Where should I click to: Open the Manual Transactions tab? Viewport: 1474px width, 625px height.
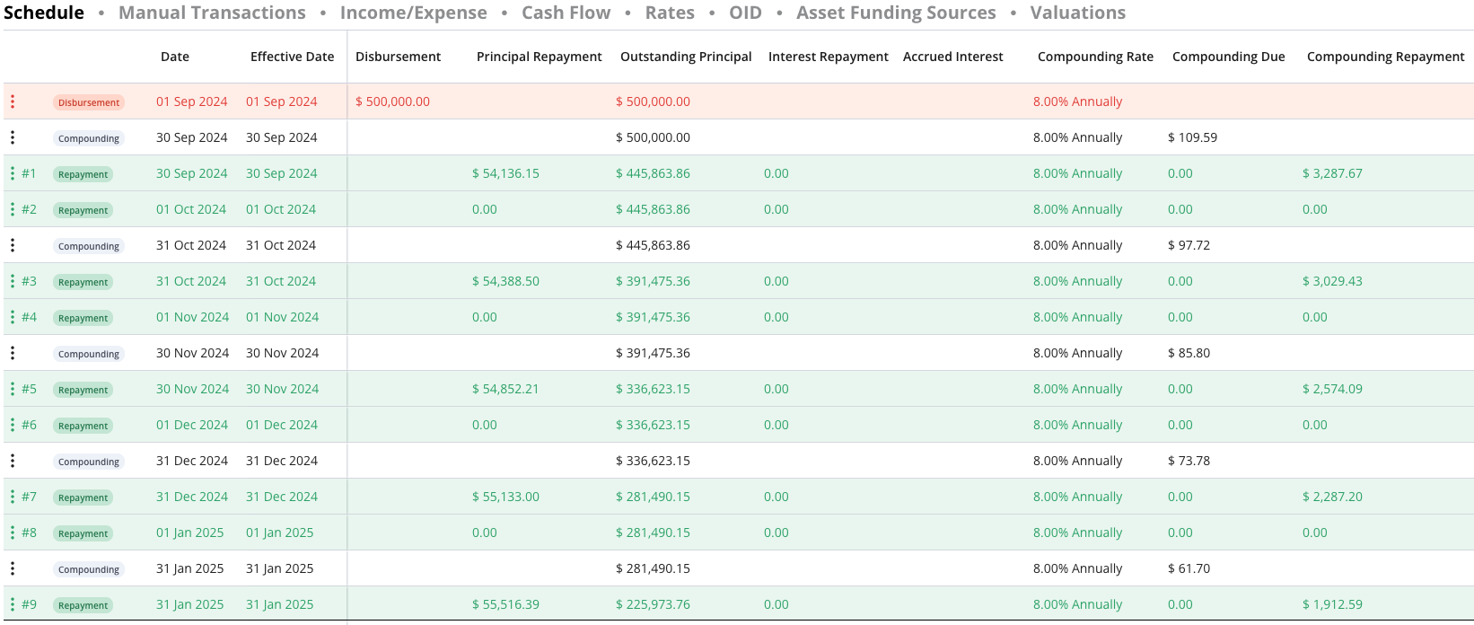pyautogui.click(x=212, y=13)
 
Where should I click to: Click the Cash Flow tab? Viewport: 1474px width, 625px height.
pyautogui.click(x=566, y=13)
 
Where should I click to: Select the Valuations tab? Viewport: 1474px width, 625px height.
pyautogui.click(x=1078, y=13)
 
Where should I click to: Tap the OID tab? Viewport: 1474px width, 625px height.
pyautogui.click(x=745, y=13)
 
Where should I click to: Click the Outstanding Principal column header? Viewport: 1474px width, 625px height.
pyautogui.click(x=686, y=57)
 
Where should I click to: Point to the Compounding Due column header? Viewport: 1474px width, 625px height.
pyautogui.click(x=1229, y=57)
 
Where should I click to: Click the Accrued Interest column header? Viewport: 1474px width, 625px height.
pyautogui.click(x=952, y=57)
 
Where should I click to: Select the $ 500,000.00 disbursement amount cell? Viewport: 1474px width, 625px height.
pyautogui.click(x=392, y=101)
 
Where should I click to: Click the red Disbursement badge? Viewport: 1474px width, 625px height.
pyautogui.click(x=89, y=102)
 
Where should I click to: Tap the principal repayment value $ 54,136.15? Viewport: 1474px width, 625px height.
pyautogui.click(x=505, y=173)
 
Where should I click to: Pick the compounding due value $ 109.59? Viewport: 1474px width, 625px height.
pyautogui.click(x=1192, y=137)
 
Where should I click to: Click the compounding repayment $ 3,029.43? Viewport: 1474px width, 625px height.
pyautogui.click(x=1332, y=281)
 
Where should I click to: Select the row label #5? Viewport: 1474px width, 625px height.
pyautogui.click(x=29, y=389)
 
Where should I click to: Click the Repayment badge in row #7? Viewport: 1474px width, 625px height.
pyautogui.click(x=83, y=497)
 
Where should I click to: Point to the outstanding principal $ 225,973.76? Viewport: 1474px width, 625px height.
pyautogui.click(x=653, y=604)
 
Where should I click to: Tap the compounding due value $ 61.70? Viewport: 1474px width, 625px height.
pyautogui.click(x=1189, y=568)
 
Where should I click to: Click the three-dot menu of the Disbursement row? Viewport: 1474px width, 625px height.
pyautogui.click(x=13, y=101)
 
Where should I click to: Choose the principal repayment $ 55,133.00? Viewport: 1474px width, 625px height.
pyautogui.click(x=505, y=497)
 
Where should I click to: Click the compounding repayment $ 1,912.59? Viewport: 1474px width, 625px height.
pyautogui.click(x=1332, y=604)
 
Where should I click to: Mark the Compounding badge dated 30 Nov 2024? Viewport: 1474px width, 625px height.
pyautogui.click(x=89, y=354)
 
